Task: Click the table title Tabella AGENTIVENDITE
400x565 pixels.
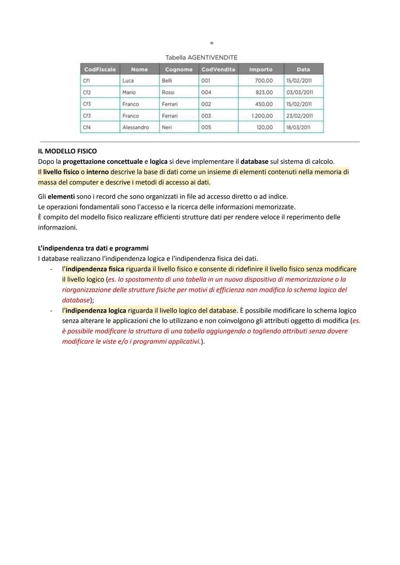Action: tap(201, 57)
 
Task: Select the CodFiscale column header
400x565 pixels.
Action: tap(100, 69)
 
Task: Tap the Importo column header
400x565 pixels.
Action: tap(260, 69)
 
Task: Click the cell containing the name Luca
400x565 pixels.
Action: tap(128, 80)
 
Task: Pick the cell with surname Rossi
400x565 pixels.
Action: tap(168, 92)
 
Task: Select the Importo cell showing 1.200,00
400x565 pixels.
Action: tap(262, 116)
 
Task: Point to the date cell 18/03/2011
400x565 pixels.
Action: tap(298, 127)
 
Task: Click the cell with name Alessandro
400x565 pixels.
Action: tap(136, 127)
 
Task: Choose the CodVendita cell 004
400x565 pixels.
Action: tap(206, 92)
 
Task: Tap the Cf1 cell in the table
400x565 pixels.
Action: tap(86, 80)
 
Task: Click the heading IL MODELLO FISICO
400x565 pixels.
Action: tap(67, 151)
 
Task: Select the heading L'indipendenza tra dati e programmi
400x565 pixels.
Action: tap(93, 248)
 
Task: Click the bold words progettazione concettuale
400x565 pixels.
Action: tap(103, 162)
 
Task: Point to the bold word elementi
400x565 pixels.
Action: tap(61, 196)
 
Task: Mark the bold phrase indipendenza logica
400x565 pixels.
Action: tap(96, 310)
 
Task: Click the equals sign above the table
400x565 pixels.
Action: tap(211, 43)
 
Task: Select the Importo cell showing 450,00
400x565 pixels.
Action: tap(264, 104)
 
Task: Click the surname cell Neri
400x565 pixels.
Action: tap(167, 127)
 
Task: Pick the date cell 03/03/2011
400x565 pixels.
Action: tap(299, 92)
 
